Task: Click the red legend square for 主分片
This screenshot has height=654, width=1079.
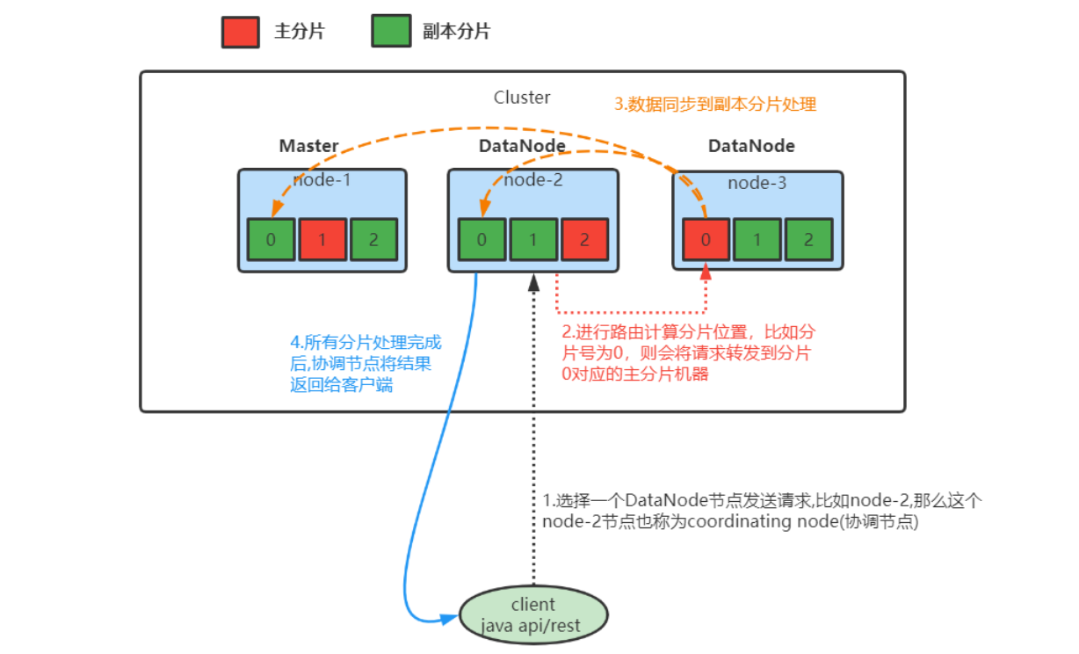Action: click(240, 32)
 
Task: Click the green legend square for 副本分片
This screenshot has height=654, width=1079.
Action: click(391, 32)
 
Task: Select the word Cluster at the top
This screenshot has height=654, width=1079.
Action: click(522, 98)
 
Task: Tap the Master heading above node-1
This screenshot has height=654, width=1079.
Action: click(308, 146)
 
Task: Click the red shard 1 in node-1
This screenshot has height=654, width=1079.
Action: click(322, 240)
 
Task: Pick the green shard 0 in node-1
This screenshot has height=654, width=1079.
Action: click(271, 240)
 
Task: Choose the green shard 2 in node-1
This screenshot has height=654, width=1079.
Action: click(373, 240)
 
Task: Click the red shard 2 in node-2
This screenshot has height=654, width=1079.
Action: click(585, 240)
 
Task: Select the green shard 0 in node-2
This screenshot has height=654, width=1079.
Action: click(482, 240)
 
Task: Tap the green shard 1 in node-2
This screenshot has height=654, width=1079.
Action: click(533, 240)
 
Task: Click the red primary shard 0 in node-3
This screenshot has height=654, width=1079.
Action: click(706, 240)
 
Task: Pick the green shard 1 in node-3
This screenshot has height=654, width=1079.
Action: click(757, 240)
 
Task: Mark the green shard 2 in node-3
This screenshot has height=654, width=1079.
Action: click(808, 240)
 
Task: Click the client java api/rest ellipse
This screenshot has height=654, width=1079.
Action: click(533, 614)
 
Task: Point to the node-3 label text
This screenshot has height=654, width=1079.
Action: click(757, 184)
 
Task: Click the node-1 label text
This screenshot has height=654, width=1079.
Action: click(322, 180)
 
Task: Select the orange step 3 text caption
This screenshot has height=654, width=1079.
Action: click(715, 105)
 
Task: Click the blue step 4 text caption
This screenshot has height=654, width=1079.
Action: click(366, 363)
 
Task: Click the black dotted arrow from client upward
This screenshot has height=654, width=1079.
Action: click(533, 440)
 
